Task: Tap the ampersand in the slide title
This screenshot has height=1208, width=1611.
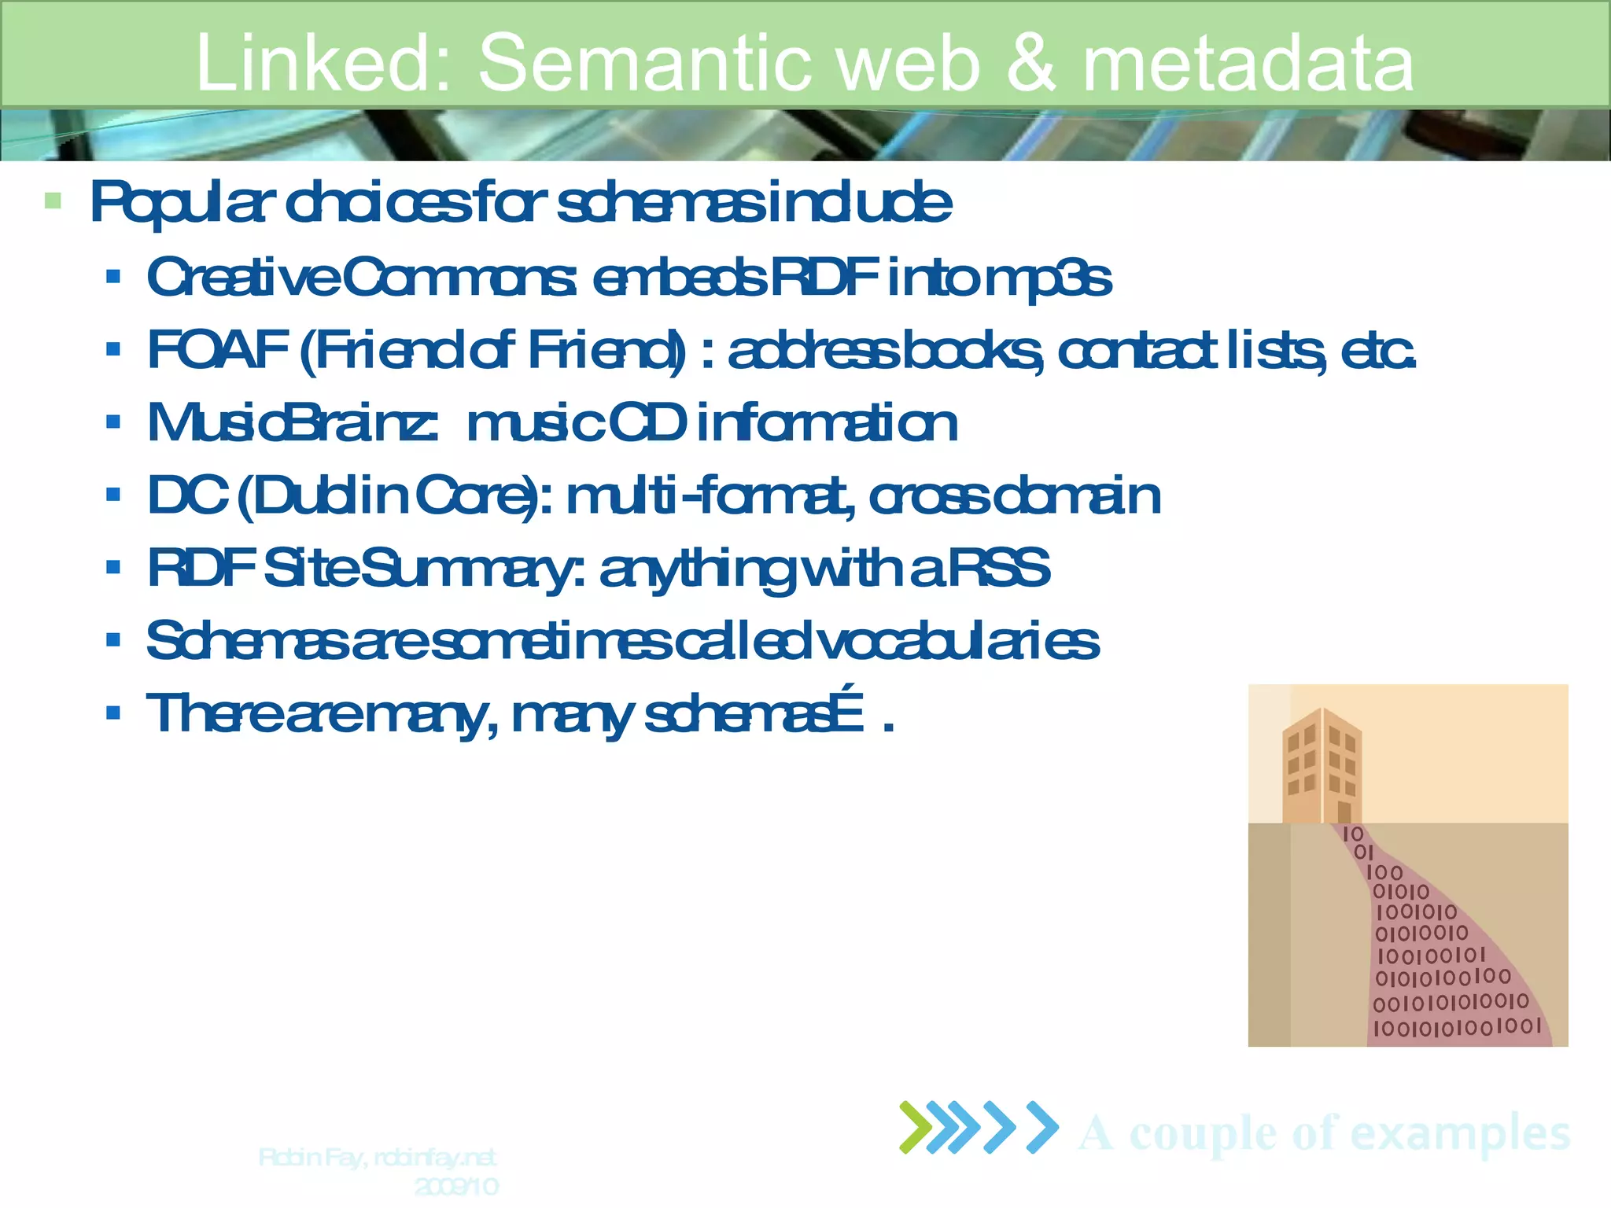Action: point(1031,63)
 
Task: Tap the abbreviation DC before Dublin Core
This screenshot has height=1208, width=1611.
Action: point(188,495)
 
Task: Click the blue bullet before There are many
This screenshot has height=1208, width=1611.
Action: point(113,713)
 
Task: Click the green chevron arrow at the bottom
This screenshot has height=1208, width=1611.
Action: point(915,1127)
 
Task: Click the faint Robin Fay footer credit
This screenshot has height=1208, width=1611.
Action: point(377,1158)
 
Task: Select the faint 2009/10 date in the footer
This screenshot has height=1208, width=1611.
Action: point(456,1186)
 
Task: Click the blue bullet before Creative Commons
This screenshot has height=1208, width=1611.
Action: point(113,277)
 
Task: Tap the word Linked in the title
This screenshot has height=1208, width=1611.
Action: point(323,63)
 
